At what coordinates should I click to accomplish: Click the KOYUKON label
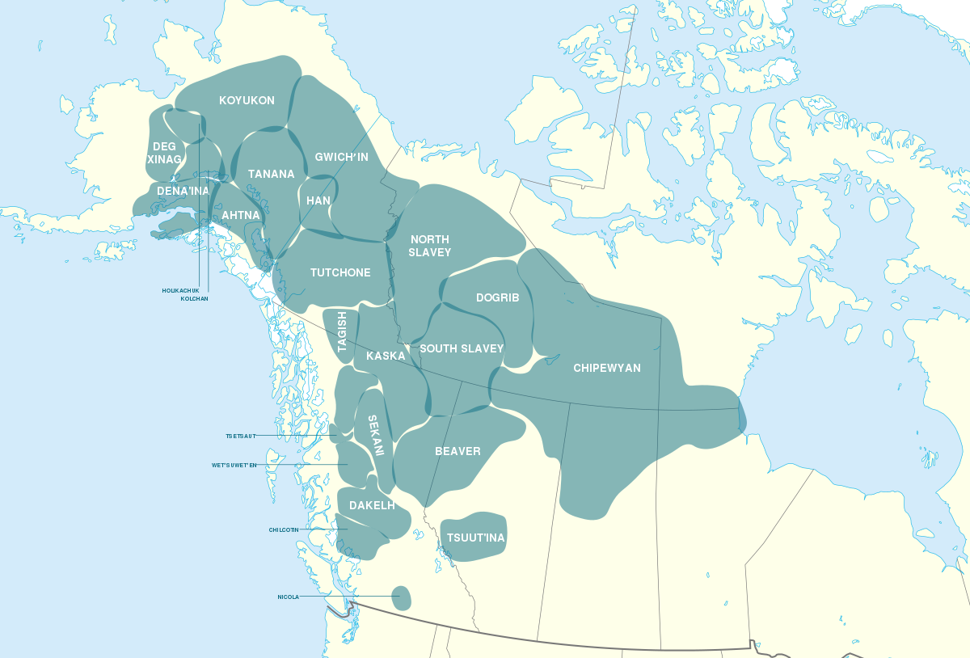point(247,101)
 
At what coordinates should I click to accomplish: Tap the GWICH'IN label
point(341,157)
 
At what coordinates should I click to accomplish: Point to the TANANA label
point(271,174)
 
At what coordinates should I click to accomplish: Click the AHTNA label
point(241,216)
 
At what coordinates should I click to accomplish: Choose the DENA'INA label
point(183,191)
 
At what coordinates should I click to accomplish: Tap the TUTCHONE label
point(340,272)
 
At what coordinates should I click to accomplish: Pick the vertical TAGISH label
point(342,332)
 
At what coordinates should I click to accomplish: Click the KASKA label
point(386,356)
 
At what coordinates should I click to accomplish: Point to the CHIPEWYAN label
point(606,368)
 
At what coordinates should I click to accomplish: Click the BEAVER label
point(458,451)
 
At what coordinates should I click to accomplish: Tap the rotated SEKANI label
point(375,436)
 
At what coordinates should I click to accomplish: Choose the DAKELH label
point(372,505)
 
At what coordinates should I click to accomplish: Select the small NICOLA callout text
point(288,597)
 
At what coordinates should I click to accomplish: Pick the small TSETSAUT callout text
point(240,436)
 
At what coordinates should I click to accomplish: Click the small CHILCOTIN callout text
point(284,530)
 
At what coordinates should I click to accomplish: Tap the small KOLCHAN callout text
point(194,298)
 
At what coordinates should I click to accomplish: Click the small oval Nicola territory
point(400,598)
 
